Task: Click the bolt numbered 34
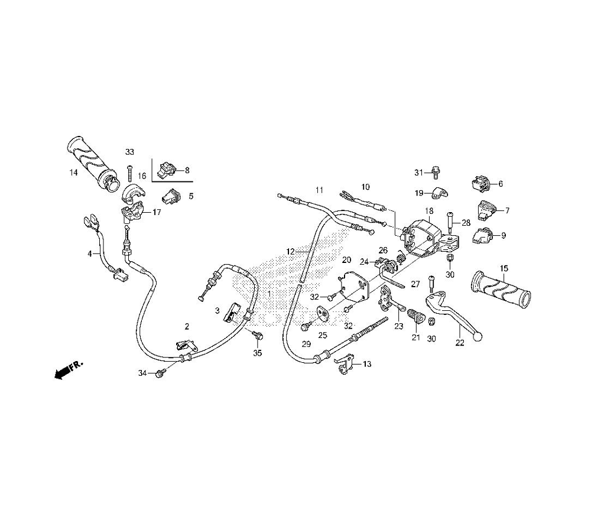pyautogui.click(x=160, y=373)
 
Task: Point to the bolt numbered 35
pyautogui.click(x=258, y=336)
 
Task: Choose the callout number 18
pyautogui.click(x=428, y=211)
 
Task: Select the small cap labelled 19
pyautogui.click(x=438, y=190)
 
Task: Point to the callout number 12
pyautogui.click(x=290, y=251)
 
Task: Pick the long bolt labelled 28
pyautogui.click(x=451, y=222)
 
